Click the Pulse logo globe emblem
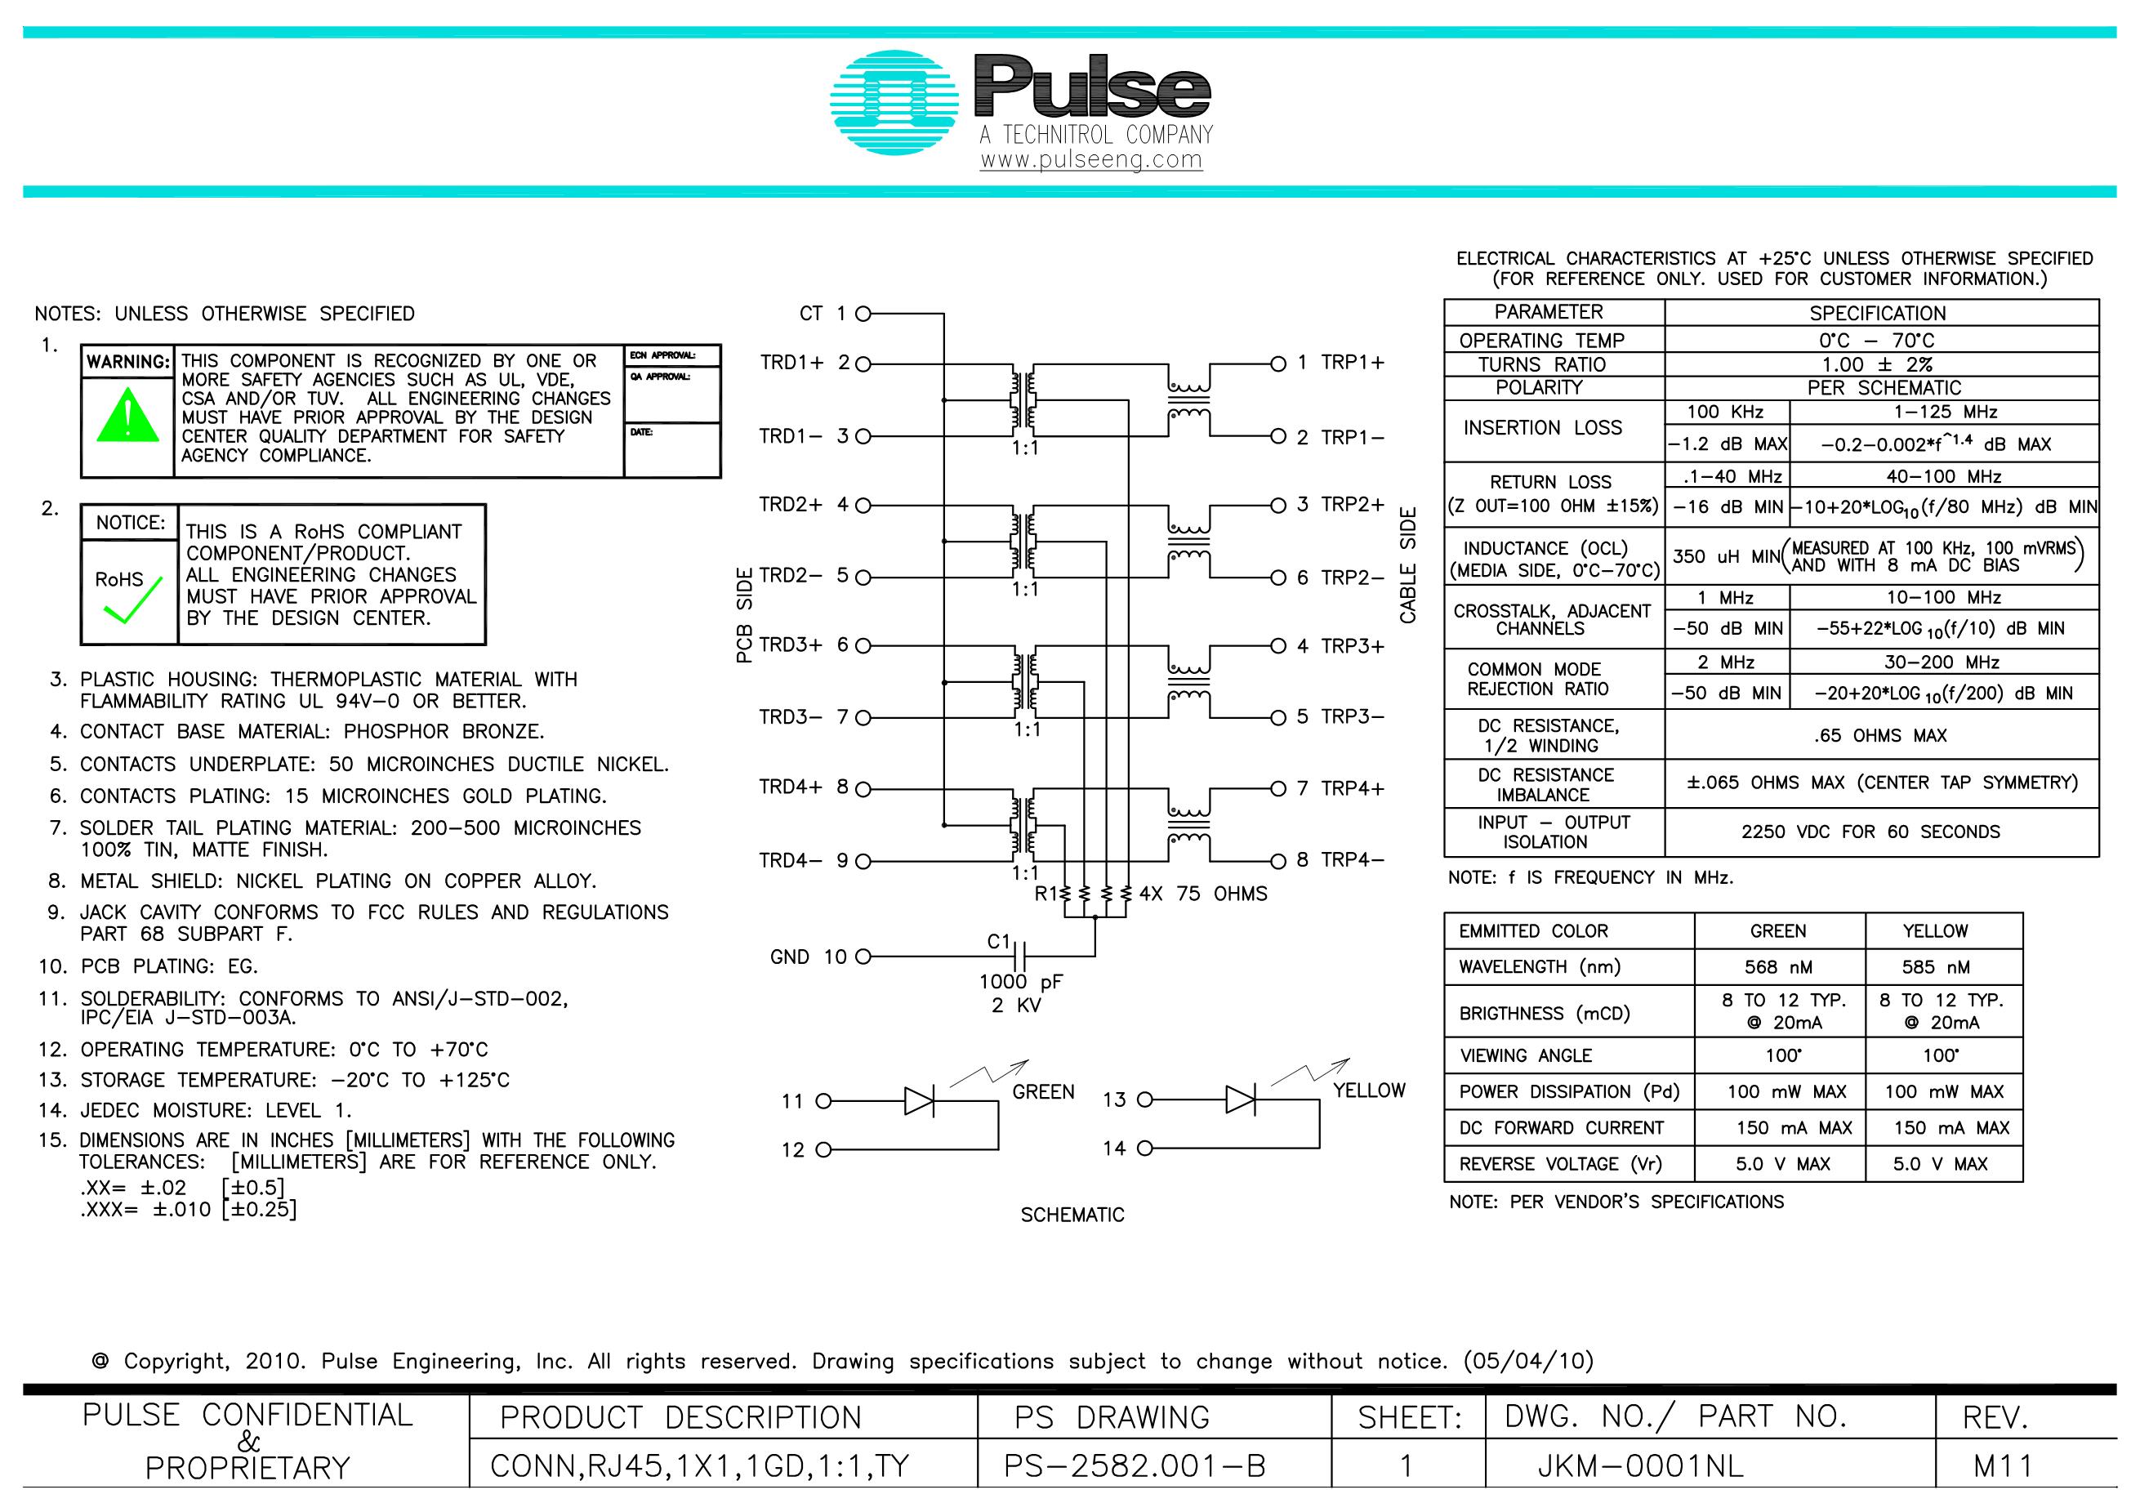[893, 104]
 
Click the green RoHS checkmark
[132, 603]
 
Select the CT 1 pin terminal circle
[863, 314]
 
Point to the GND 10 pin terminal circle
[863, 957]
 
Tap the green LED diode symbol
[919, 1101]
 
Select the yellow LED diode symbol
[1240, 1100]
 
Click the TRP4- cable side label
[1352, 860]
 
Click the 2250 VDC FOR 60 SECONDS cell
[1870, 832]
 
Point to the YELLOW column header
[1935, 931]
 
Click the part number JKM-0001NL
[1639, 1466]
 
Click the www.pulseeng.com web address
[1090, 159]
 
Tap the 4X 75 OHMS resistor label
[1202, 894]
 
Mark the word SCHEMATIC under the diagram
[1072, 1215]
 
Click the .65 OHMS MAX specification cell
[1880, 735]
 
